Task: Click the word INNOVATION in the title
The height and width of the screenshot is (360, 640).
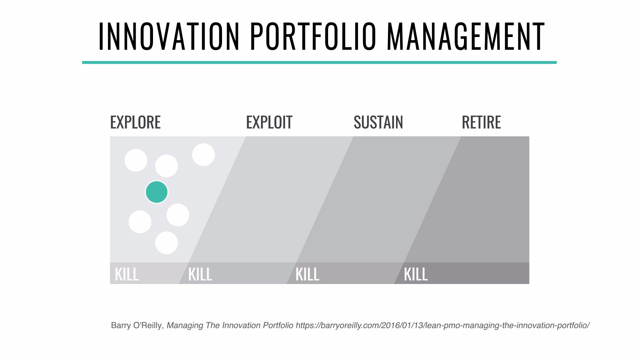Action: coord(169,36)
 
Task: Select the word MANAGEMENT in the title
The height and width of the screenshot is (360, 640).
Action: coord(466,36)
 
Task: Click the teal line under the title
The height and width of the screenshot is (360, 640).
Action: coord(319,62)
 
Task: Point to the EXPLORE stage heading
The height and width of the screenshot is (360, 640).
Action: coord(135,122)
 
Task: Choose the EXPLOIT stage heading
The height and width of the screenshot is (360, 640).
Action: coord(269,122)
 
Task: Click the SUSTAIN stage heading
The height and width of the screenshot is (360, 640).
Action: coord(378,122)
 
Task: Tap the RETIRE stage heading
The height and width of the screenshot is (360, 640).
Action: coord(481,122)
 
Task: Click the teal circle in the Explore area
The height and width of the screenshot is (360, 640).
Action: coord(157,192)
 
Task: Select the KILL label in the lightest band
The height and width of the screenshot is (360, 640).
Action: coord(127,274)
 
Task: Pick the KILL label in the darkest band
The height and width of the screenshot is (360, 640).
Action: coord(416,274)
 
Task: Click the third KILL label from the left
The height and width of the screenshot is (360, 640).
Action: coord(307,274)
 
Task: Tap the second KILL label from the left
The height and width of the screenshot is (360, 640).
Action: coord(200,274)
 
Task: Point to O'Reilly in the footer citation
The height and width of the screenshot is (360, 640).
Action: coord(147,325)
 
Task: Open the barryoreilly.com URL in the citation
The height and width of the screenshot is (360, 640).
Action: coord(443,325)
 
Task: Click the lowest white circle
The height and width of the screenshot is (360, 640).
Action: coord(166,243)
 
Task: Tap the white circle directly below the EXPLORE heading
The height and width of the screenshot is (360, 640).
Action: coord(136,160)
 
